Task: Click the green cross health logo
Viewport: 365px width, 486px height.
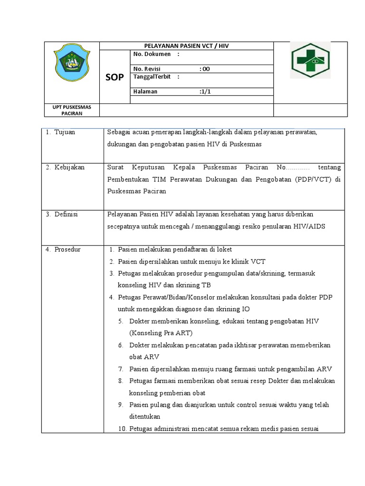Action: [310, 61]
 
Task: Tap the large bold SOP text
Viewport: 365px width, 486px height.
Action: [114, 77]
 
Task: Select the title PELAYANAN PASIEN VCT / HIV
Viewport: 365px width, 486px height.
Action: [186, 46]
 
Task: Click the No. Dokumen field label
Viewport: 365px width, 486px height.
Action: [152, 55]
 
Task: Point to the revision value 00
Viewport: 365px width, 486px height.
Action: [205, 69]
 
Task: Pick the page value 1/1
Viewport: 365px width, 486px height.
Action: [205, 92]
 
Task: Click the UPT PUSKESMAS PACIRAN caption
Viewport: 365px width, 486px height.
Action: [71, 110]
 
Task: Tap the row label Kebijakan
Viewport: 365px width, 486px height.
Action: [69, 168]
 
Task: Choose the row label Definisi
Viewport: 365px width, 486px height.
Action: [66, 215]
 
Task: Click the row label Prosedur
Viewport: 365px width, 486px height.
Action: [67, 249]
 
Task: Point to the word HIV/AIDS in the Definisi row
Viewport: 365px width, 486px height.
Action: [308, 226]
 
